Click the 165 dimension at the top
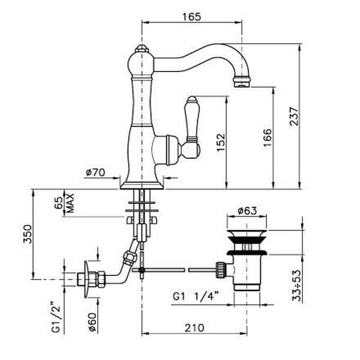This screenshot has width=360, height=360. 191,17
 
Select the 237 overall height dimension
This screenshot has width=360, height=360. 295,116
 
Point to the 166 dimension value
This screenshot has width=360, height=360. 268,138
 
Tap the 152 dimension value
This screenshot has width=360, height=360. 221,143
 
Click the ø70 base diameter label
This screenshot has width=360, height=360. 95,172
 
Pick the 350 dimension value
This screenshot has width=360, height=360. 28,234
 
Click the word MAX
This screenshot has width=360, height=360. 70,203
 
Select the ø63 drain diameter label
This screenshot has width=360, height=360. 247,211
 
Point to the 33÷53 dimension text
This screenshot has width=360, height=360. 296,286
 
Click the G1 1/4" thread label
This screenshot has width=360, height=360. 196,296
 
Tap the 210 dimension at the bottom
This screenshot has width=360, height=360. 194,328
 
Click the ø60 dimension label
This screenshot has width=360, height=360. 92,322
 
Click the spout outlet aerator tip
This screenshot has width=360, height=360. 242,82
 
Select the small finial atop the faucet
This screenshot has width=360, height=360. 142,48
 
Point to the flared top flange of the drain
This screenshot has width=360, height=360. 247,234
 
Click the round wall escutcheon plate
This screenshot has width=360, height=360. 86,279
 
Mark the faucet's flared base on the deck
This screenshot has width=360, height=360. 142,185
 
